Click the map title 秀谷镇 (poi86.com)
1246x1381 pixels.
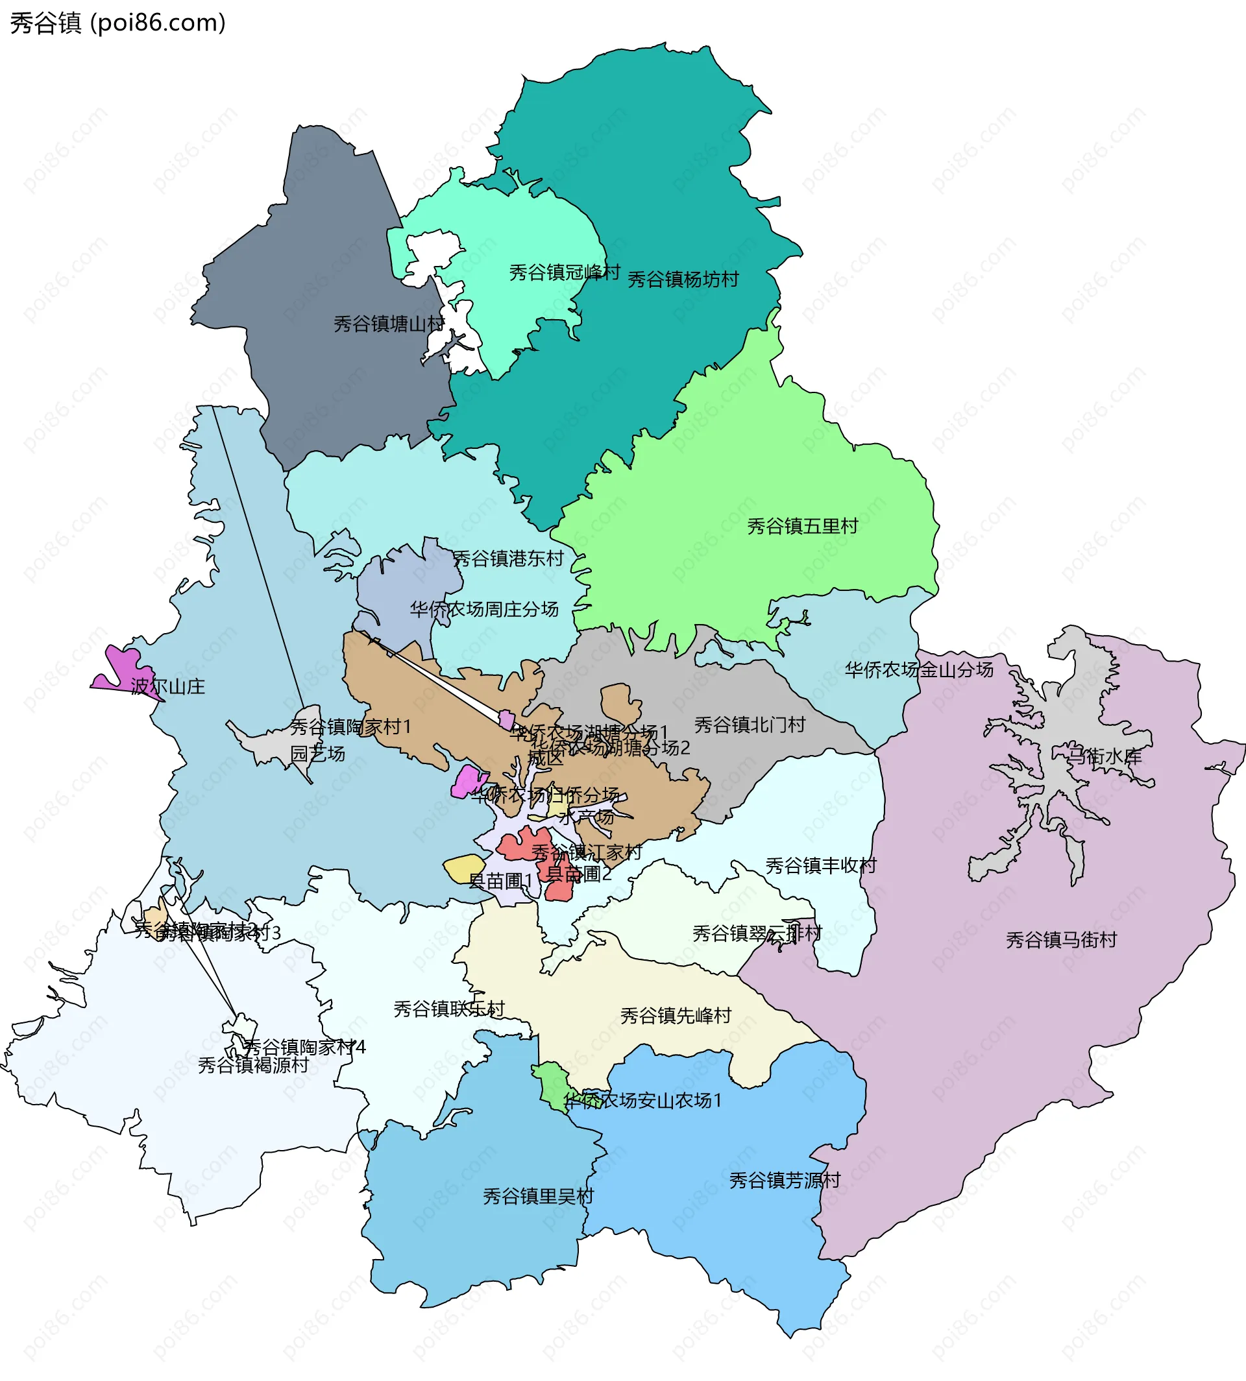pyautogui.click(x=117, y=23)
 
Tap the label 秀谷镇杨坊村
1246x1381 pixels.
pyautogui.click(x=683, y=279)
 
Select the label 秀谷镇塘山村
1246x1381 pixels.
pyautogui.click(x=389, y=324)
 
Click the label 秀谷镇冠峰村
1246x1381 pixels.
pyautogui.click(x=564, y=272)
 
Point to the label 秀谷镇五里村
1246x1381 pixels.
pyautogui.click(x=802, y=525)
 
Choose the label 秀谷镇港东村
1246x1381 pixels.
pyautogui.click(x=507, y=558)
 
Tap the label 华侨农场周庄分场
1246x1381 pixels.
pyautogui.click(x=484, y=608)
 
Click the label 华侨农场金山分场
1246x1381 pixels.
pyautogui.click(x=918, y=669)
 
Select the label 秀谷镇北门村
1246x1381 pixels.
pyautogui.click(x=750, y=724)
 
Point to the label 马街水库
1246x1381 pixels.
pyautogui.click(x=1105, y=756)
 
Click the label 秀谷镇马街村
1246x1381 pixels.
pyautogui.click(x=1061, y=940)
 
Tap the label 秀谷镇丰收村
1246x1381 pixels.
pyautogui.click(x=820, y=866)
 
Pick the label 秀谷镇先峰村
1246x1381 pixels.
pyautogui.click(x=676, y=1015)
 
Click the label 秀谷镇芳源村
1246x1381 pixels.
pyautogui.click(x=784, y=1180)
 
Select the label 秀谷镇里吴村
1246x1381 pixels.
pyautogui.click(x=538, y=1196)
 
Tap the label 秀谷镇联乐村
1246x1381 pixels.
pyautogui.click(x=448, y=1009)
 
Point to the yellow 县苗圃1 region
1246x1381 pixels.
pyautogui.click(x=463, y=868)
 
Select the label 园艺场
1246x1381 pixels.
pyautogui.click(x=317, y=754)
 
